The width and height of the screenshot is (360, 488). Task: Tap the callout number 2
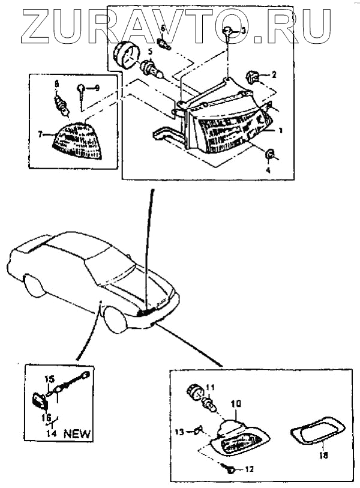[x=274, y=76]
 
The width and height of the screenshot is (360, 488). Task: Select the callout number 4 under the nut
[x=268, y=170]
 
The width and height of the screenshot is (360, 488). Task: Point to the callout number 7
[x=40, y=135]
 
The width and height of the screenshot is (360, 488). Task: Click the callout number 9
[x=98, y=88]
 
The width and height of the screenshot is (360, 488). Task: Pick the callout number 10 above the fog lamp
[x=236, y=405]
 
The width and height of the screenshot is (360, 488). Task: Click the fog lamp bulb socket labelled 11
[x=199, y=394]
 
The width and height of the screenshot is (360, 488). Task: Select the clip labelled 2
[x=253, y=77]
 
